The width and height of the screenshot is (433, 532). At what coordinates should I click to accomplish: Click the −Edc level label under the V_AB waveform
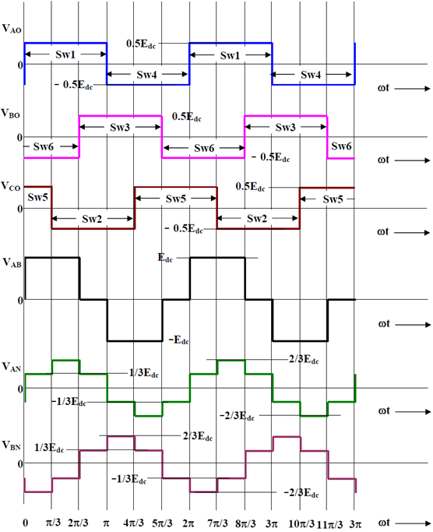pos(179,340)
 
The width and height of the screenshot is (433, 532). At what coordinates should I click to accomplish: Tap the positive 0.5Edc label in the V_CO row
pos(250,187)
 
